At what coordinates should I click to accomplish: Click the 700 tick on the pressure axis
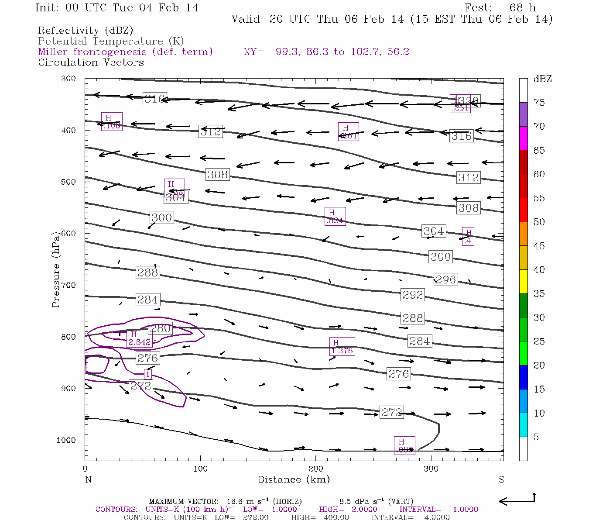(x=68, y=285)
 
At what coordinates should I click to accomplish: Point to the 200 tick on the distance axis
(x=316, y=469)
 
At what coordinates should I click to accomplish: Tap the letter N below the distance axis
(x=88, y=479)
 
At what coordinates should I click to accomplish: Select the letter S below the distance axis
(x=501, y=479)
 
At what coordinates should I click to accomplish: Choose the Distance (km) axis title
(x=294, y=479)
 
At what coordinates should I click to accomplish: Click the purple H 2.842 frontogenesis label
(x=139, y=338)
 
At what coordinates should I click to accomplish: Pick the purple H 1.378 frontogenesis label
(x=342, y=346)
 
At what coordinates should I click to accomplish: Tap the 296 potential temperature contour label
(x=445, y=279)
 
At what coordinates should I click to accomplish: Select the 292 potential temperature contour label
(x=412, y=295)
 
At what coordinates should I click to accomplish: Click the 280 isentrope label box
(x=160, y=328)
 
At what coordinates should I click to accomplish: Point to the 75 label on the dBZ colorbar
(x=539, y=103)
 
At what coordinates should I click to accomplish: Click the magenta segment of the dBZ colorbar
(x=523, y=138)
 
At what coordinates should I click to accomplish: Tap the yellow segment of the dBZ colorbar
(x=523, y=281)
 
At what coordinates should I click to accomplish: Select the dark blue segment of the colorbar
(x=523, y=377)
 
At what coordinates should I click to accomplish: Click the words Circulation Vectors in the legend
(x=91, y=62)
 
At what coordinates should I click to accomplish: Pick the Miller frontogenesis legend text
(x=125, y=52)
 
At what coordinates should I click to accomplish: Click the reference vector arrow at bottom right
(x=517, y=500)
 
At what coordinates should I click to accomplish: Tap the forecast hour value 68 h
(x=522, y=8)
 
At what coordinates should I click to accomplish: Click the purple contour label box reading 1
(x=148, y=374)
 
